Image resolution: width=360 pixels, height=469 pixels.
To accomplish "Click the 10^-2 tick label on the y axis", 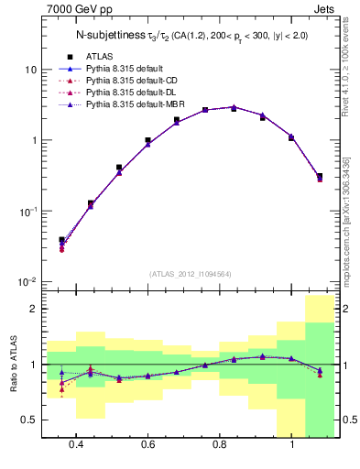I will [27, 281].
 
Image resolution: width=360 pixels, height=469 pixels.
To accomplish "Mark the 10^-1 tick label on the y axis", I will [27, 211].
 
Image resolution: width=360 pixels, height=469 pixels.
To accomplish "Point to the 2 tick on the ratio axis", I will [33, 309].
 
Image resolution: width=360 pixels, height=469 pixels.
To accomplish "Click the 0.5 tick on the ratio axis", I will [29, 420].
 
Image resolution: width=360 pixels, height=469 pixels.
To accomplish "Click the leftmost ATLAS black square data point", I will [62, 240].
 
